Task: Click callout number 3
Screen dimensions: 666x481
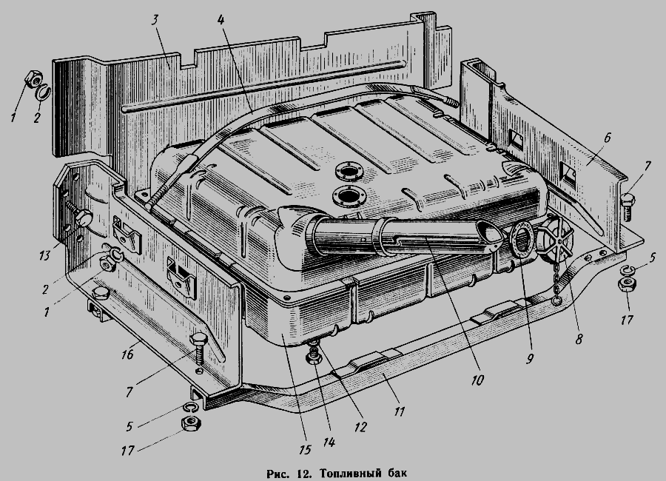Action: pos(155,21)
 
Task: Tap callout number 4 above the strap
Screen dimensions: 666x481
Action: pos(221,19)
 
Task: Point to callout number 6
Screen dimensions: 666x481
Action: pos(607,138)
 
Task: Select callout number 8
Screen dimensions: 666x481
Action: pos(579,339)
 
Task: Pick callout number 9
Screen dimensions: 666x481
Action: pos(529,359)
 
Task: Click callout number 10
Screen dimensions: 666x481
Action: pos(477,380)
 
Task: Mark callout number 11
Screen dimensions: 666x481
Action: pos(399,411)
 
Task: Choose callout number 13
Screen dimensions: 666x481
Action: pos(44,255)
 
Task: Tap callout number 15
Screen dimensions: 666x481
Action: pos(305,449)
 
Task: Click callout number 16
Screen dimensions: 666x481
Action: pos(127,354)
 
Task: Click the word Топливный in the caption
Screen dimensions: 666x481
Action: pos(349,473)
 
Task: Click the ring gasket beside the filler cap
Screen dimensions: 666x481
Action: pos(522,240)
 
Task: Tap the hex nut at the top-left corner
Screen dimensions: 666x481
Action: pos(33,79)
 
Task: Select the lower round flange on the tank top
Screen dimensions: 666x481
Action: pos(349,196)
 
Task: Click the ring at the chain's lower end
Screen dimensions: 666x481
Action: pos(556,300)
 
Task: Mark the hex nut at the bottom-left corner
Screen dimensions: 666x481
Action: pos(191,423)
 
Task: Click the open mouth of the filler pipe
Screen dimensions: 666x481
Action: pos(489,232)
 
